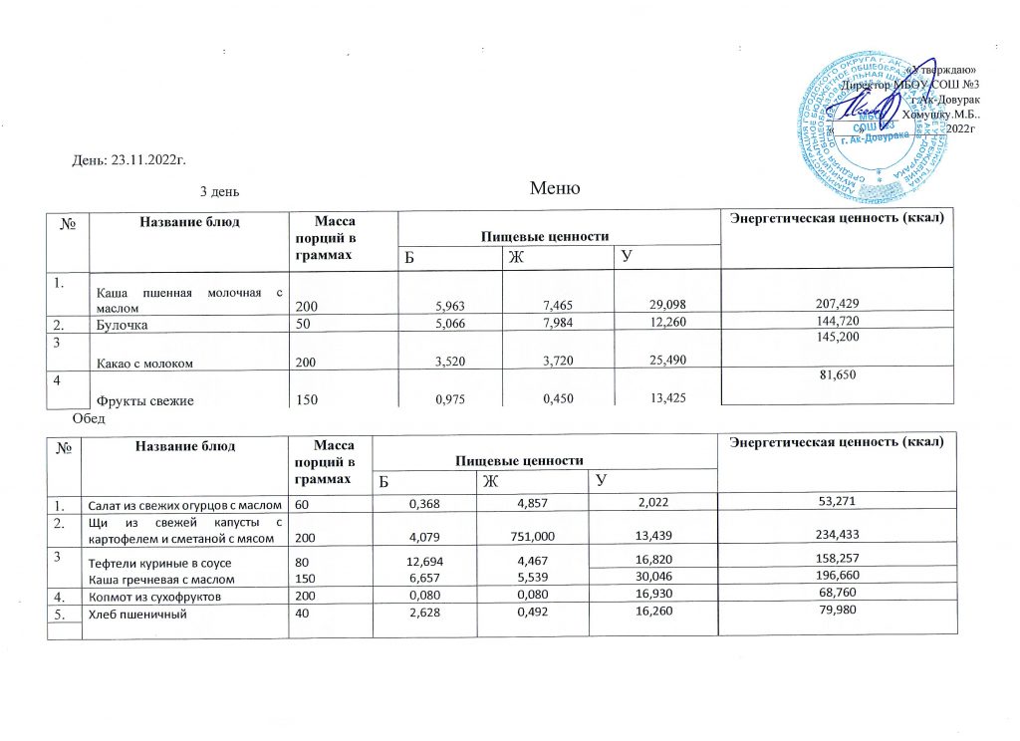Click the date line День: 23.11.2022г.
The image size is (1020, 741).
[129, 159]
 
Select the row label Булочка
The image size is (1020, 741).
[118, 325]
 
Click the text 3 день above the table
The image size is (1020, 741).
[219, 191]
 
